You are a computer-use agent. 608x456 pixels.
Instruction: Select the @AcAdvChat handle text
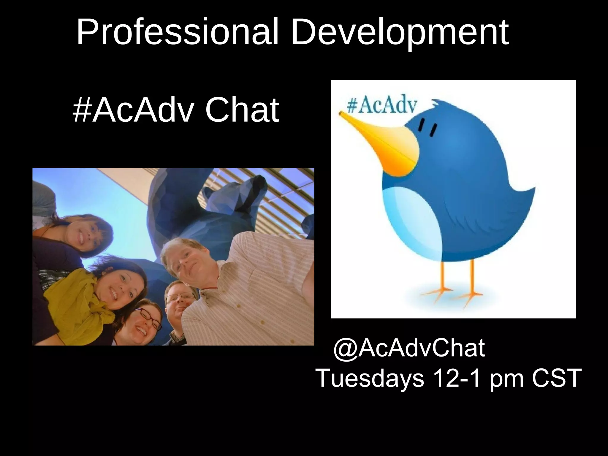point(409,348)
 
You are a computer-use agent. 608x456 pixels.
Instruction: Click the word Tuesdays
point(370,378)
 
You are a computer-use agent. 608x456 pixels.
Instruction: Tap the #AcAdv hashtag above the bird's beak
point(382,106)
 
